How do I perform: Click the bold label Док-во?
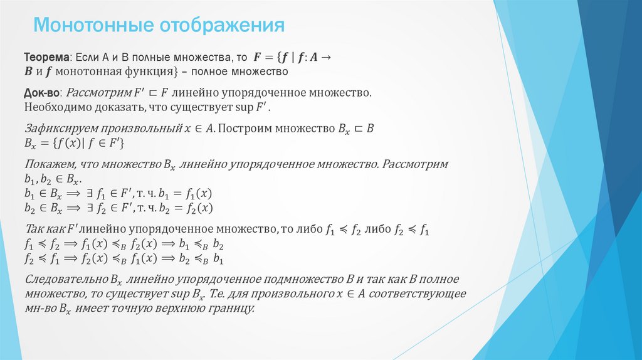(43, 93)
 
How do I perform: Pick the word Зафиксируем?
(57, 128)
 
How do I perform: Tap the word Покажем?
(48, 164)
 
